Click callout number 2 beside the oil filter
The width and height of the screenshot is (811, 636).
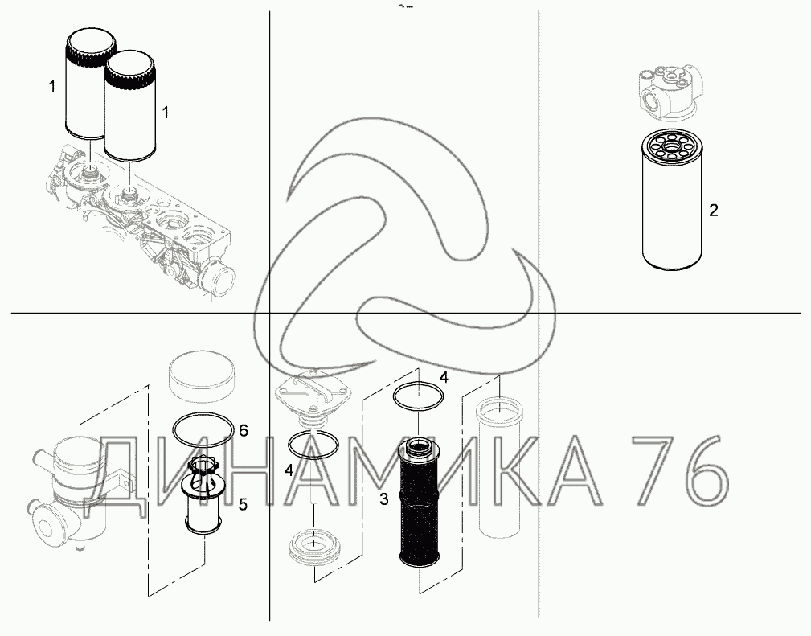coord(713,211)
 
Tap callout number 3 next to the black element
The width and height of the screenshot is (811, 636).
coord(383,499)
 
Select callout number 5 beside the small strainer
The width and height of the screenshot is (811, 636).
coord(243,504)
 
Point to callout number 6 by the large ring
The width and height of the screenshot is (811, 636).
coord(243,430)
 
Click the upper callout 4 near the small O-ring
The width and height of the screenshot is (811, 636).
coord(443,377)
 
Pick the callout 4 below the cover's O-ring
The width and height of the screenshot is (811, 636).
coord(289,470)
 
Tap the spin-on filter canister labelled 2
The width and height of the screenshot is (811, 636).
coord(672,199)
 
